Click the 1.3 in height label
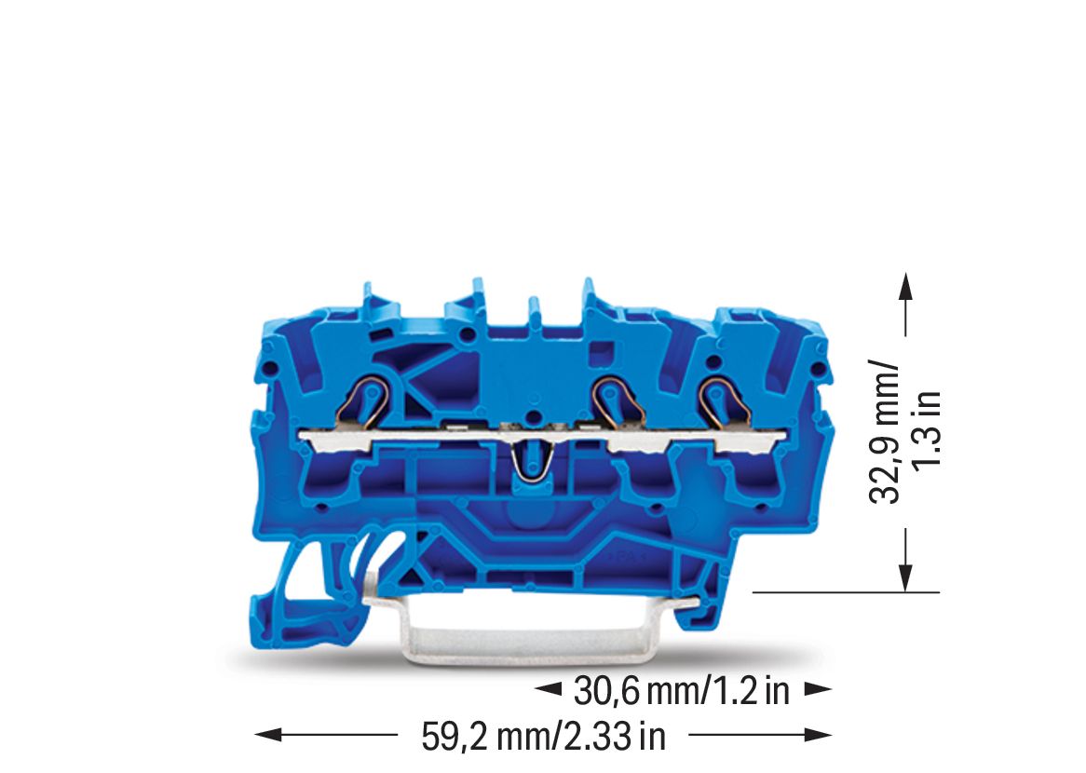926,429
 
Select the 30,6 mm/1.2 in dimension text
682,690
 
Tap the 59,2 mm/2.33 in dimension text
544,737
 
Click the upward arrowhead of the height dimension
904,287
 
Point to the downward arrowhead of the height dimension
904,577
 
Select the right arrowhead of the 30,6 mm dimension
818,688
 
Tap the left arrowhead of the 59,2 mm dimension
269,734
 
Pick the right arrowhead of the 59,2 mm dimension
818,734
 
